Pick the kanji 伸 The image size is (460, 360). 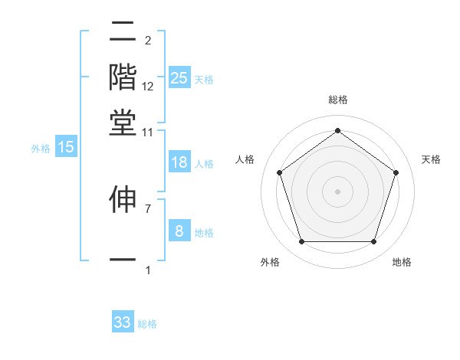coord(123,198)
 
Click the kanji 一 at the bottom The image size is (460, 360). coord(123,260)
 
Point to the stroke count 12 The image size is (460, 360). coord(148,87)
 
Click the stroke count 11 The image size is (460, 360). coord(148,132)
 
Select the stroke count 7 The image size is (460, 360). coord(148,208)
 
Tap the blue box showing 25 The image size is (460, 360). coord(179,77)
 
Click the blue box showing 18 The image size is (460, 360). coord(179,162)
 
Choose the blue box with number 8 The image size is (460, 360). coord(179,231)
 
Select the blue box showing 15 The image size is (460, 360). coord(66,147)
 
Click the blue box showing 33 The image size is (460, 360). coord(123,322)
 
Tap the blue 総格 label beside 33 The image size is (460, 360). coord(147,324)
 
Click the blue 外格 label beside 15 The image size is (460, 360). coord(40,149)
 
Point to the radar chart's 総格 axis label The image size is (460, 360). coord(337,100)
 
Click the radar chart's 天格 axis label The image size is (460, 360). coord(431,159)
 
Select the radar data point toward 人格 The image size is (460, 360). coord(279,172)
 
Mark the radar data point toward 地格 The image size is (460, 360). coord(373,242)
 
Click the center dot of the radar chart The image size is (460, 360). coord(337,191)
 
